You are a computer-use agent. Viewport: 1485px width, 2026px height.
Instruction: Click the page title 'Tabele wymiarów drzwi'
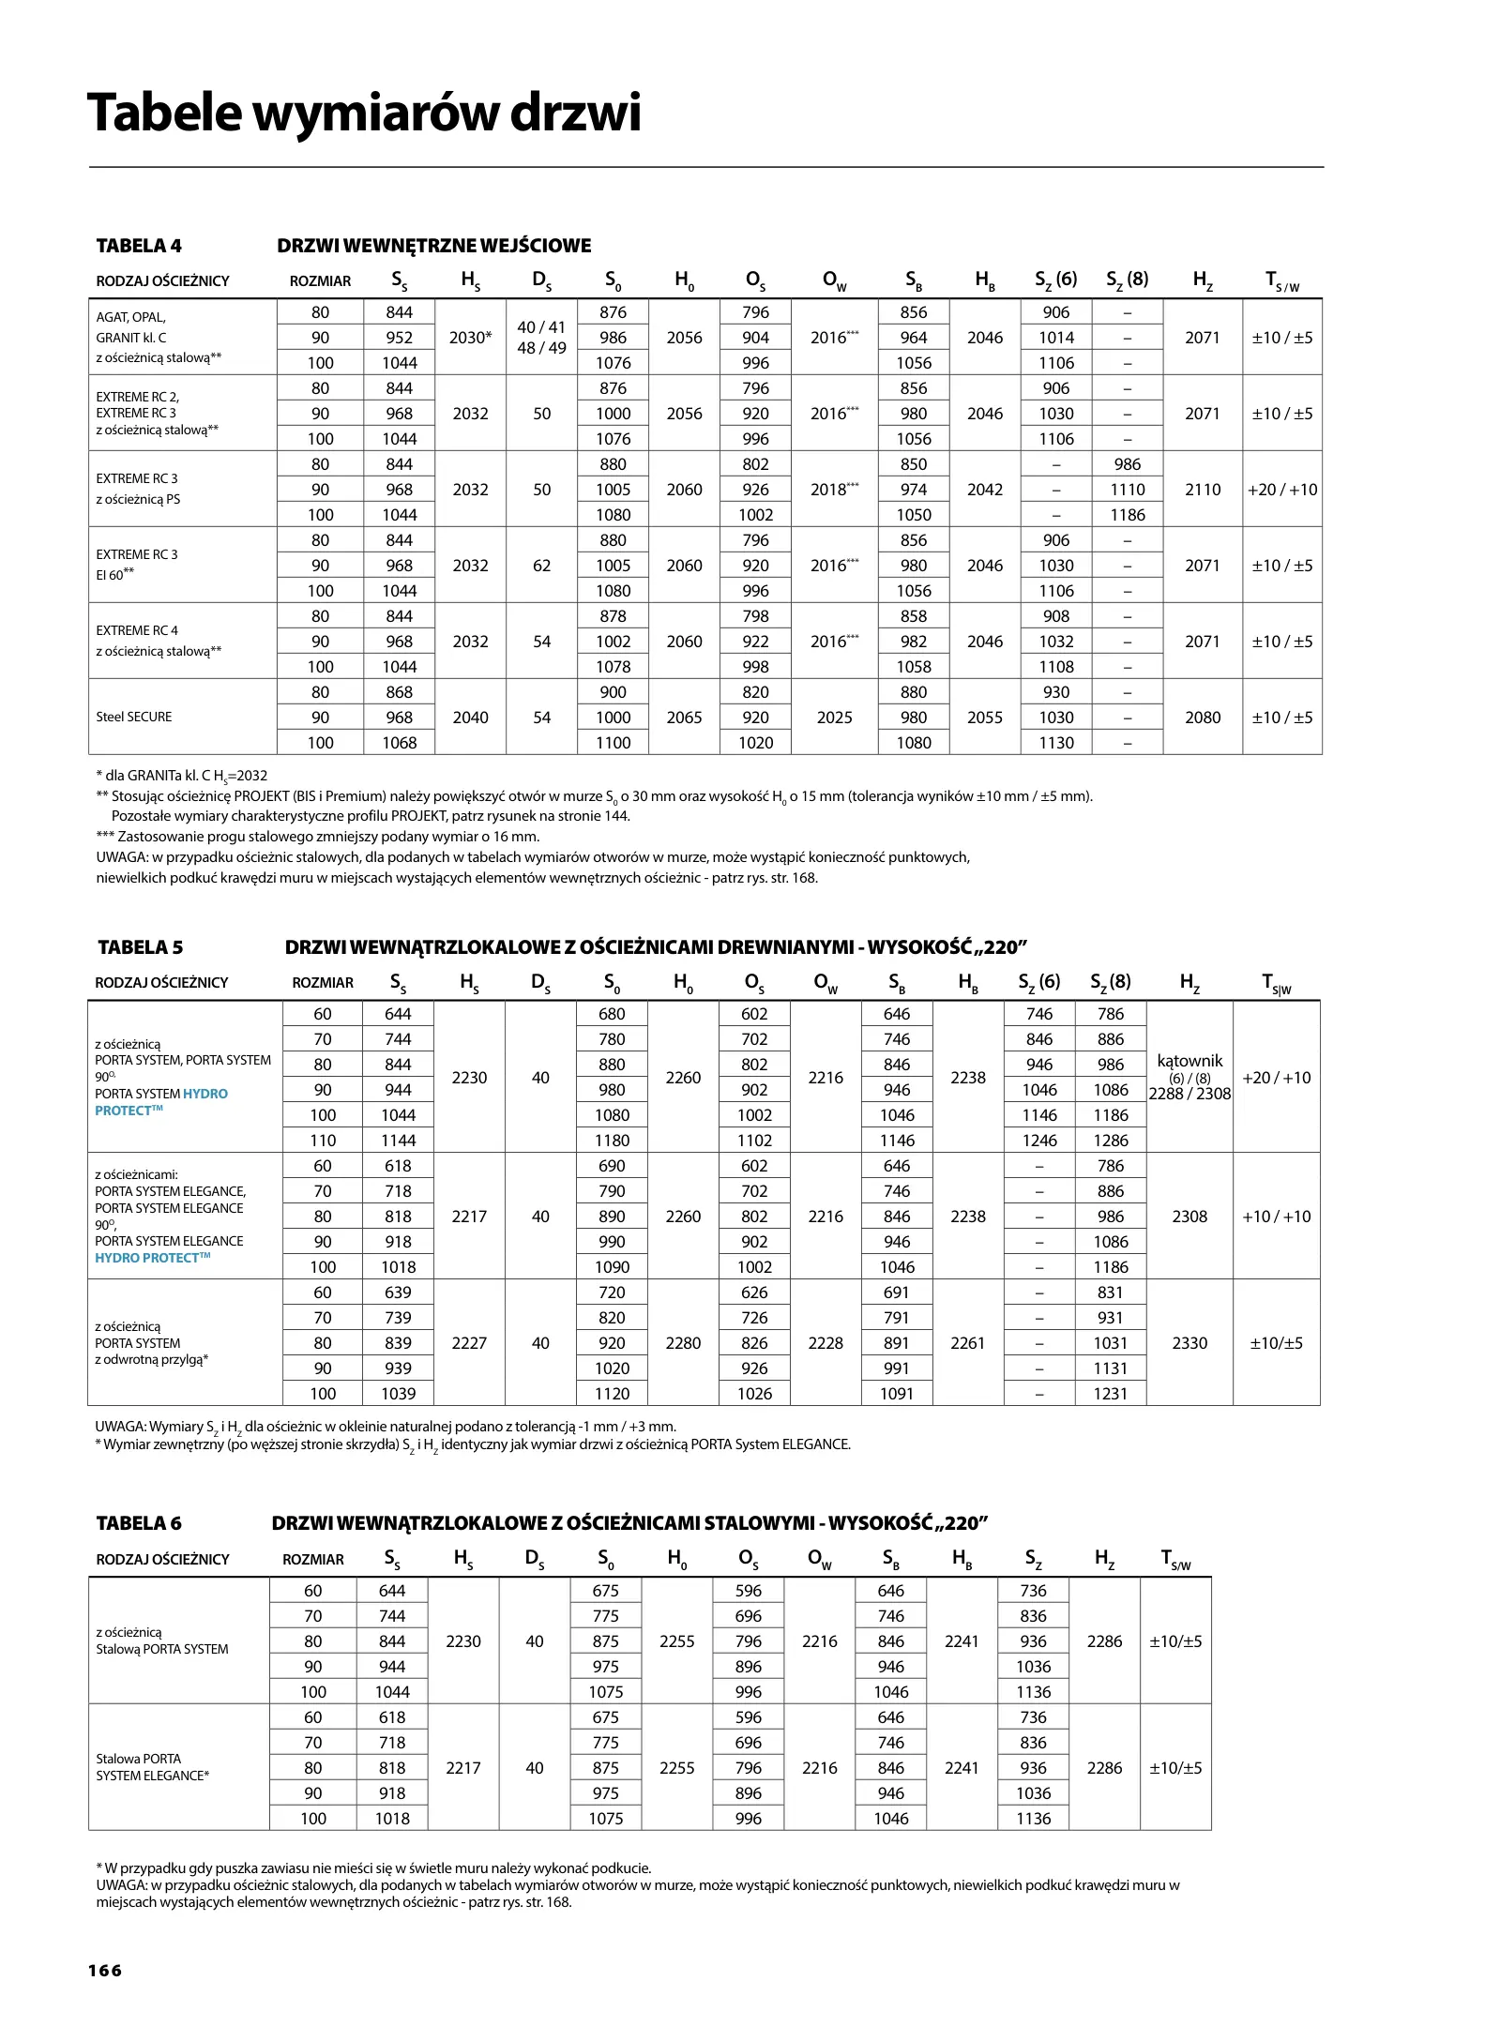(364, 113)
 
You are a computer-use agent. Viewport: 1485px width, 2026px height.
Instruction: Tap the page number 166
(105, 1970)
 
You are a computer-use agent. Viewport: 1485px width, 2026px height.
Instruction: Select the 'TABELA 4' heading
(139, 246)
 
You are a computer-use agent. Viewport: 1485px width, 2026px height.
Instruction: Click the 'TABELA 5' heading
(140, 947)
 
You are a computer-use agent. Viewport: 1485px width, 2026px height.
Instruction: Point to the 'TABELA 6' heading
(139, 1523)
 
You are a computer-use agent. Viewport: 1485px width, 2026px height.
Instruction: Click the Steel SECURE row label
(134, 717)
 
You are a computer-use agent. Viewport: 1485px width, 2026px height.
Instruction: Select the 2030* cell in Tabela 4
(470, 338)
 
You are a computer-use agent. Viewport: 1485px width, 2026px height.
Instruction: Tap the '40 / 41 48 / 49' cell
(541, 338)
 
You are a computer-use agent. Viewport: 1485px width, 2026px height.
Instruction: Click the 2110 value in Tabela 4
(1202, 490)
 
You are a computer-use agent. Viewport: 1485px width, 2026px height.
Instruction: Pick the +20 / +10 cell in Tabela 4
(1281, 490)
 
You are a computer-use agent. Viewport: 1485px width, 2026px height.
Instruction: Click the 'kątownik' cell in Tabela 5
(1190, 1061)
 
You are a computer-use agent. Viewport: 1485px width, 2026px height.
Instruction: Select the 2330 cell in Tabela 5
(1190, 1343)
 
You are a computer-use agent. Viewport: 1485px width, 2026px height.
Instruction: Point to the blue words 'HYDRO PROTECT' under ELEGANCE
(153, 1258)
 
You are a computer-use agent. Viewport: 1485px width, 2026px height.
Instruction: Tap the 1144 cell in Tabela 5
(398, 1141)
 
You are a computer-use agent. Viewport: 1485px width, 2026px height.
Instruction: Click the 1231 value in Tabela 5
(1110, 1394)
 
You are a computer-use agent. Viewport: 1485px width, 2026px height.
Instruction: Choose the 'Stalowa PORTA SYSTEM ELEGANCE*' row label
(152, 1767)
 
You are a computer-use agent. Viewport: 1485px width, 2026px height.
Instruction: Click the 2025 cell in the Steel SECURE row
(834, 718)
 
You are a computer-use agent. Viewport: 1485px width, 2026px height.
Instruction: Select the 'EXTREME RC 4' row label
(137, 630)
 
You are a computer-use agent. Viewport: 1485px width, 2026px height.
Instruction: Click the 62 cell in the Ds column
(541, 566)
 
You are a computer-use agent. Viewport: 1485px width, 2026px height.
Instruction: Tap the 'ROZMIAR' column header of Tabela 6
(313, 1560)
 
